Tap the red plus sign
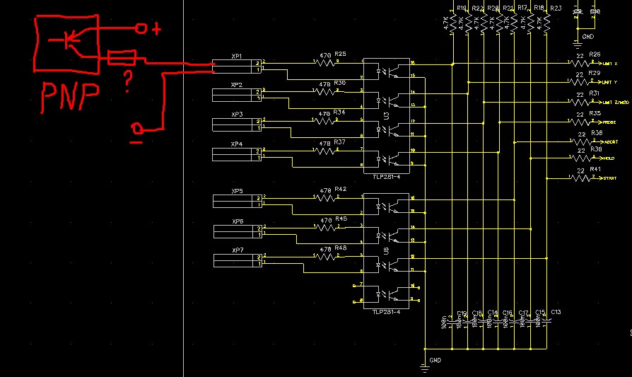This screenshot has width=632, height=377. coord(156,29)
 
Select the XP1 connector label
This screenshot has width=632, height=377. coord(237,56)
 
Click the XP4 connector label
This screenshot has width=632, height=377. coord(237,144)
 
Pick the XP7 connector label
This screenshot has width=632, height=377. coord(237,250)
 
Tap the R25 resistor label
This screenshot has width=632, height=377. coord(341,54)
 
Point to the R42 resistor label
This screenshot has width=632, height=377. coord(341,190)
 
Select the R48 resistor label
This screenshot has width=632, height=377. coord(341,248)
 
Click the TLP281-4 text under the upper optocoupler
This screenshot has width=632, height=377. coord(387,176)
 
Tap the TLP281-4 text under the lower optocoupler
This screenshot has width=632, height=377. coord(387,311)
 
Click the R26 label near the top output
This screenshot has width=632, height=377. coord(595,54)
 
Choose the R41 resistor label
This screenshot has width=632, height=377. coord(595,169)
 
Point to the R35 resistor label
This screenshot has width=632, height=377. coord(595,113)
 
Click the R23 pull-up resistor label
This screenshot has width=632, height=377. coord(555,8)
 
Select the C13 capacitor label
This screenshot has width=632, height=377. coord(556,312)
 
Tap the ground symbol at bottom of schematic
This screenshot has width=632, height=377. coord(426,363)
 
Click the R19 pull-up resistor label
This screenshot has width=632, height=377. coord(462,8)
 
